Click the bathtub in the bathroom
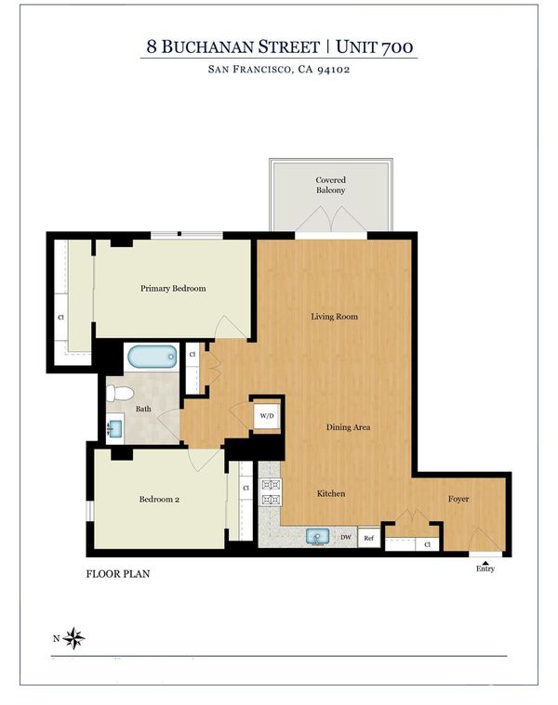point(153,357)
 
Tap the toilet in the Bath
point(120,394)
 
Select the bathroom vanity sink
point(115,428)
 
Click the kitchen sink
point(318,537)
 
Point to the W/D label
point(267,415)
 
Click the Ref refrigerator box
point(369,537)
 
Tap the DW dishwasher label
point(346,537)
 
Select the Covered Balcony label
point(331,185)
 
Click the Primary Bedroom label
point(173,288)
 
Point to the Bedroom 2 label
point(159,499)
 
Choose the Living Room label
point(335,317)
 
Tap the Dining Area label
point(349,427)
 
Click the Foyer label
point(458,499)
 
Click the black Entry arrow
point(485,563)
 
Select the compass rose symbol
point(73,638)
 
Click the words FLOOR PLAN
point(118,574)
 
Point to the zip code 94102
point(334,70)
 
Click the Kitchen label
point(331,493)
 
